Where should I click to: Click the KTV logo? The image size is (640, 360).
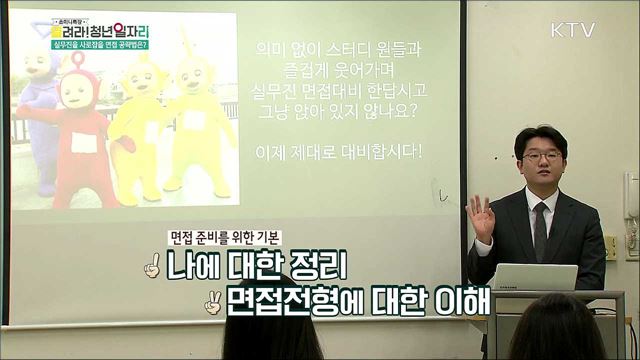point(572,30)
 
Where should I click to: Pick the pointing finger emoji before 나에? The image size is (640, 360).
point(151,267)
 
